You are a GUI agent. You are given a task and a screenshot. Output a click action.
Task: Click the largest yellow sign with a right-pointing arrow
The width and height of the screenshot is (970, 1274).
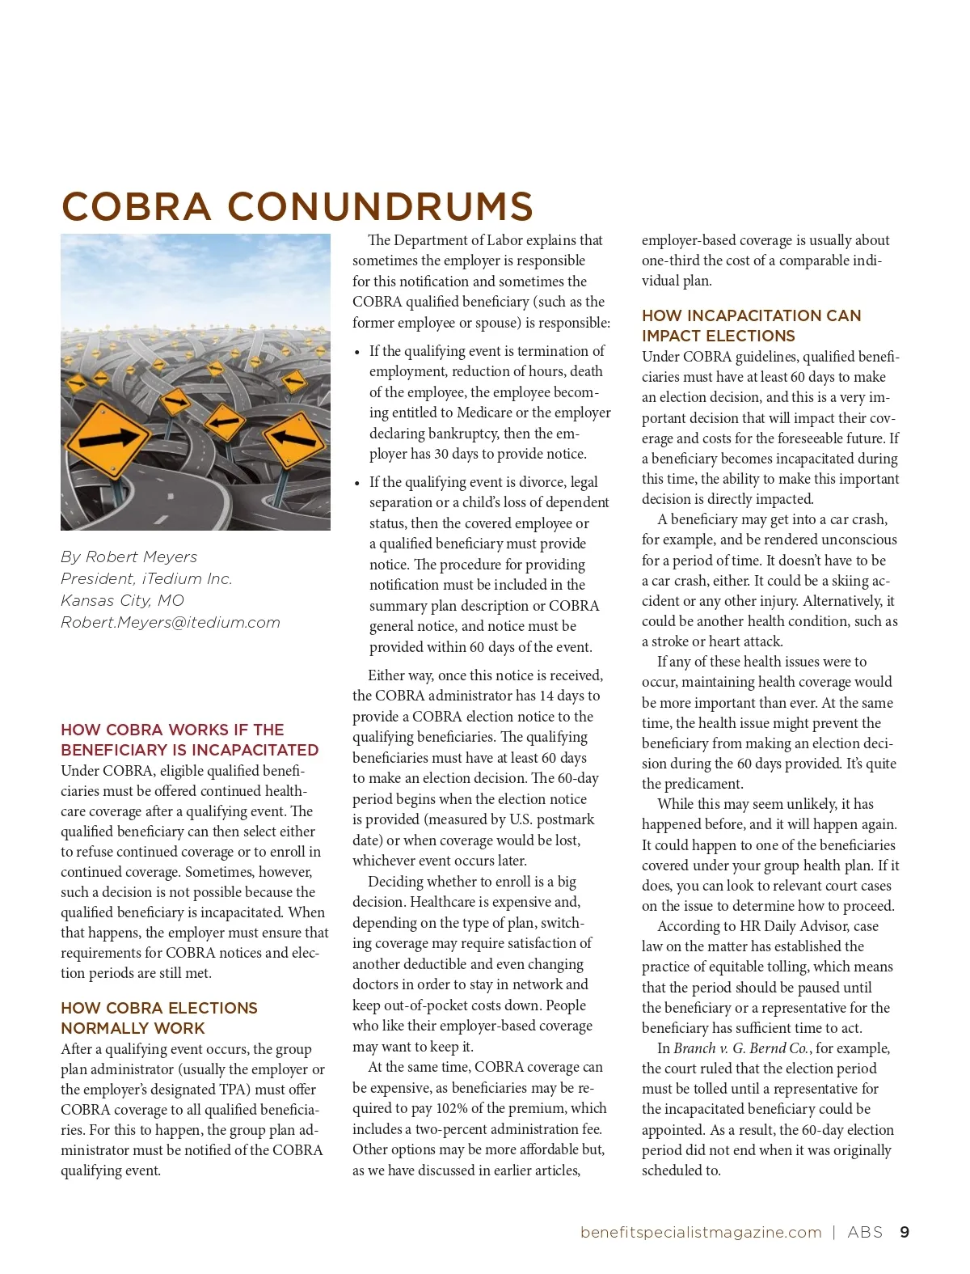click(108, 438)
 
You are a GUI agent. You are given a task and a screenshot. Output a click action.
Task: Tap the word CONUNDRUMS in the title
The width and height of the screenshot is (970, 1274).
click(380, 207)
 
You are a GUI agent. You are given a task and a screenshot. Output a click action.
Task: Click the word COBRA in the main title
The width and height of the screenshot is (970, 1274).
click(136, 207)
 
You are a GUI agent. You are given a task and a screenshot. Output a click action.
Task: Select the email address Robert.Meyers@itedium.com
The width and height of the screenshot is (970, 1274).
click(171, 623)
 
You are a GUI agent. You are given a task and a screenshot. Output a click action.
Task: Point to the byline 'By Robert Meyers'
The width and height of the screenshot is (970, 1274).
click(129, 557)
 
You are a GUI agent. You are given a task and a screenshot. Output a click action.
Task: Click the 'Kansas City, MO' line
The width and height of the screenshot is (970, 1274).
click(123, 601)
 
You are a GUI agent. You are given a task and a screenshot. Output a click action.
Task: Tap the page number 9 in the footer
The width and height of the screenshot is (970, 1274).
click(905, 1233)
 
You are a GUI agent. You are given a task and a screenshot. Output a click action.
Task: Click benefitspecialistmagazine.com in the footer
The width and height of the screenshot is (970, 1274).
click(701, 1233)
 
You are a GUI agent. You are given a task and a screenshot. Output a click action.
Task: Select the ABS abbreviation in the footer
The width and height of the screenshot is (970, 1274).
click(865, 1233)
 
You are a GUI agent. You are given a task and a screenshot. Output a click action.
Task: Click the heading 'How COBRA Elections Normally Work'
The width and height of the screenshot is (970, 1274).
click(158, 1018)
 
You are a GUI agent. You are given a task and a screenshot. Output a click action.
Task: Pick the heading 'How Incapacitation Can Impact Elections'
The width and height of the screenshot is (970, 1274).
click(751, 326)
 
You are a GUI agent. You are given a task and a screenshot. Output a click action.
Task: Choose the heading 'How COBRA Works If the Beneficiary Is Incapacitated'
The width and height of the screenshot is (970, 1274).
click(189, 740)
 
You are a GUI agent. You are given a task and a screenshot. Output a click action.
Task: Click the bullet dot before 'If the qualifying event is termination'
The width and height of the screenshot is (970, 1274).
click(357, 353)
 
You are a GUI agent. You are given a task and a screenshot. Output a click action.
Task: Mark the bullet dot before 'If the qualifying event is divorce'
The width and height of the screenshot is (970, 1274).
click(357, 484)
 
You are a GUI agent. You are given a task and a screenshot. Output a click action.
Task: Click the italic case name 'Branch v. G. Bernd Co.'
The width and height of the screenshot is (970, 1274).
click(740, 1049)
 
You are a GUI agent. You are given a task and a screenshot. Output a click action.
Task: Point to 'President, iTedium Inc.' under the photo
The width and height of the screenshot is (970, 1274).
click(146, 579)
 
